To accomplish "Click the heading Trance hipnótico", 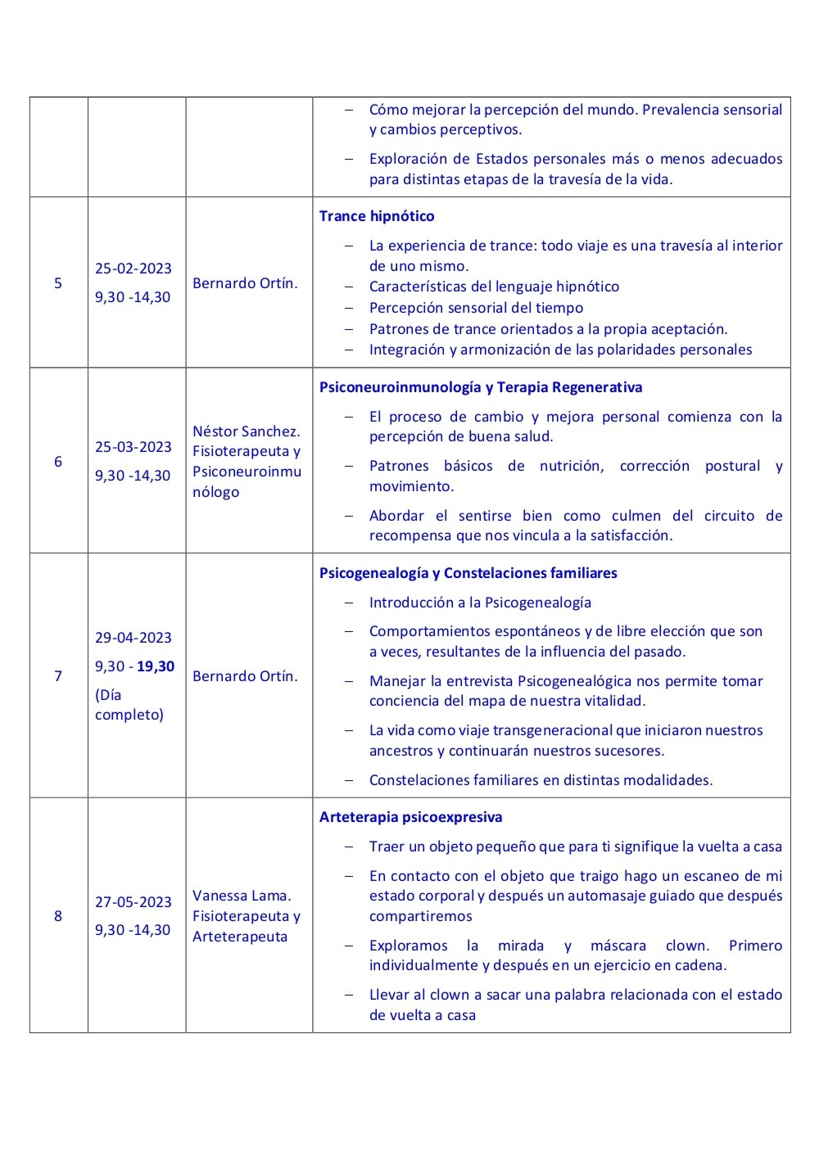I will coord(377,216).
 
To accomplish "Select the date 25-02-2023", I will coord(133,269).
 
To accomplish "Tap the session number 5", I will coord(58,283).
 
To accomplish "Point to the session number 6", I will coord(58,461).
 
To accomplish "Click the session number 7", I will coord(58,675).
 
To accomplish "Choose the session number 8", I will coord(58,915).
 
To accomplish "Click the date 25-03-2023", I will coord(133,447).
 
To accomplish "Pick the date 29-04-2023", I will coord(133,638).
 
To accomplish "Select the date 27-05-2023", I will coord(133,901).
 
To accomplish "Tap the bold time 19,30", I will coord(156,666).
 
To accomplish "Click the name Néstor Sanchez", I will coord(247,431).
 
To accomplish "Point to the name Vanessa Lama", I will coord(242,896).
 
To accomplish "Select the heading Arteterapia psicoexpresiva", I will coord(411,817).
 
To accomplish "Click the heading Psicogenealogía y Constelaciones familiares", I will coord(468,573).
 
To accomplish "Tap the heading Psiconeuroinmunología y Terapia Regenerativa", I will coord(481,387).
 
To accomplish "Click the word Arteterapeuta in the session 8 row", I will coord(240,936).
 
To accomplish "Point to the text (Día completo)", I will coord(129,705).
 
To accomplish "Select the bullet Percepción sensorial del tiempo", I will coord(476,308).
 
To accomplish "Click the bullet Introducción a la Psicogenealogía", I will coord(480,603).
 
